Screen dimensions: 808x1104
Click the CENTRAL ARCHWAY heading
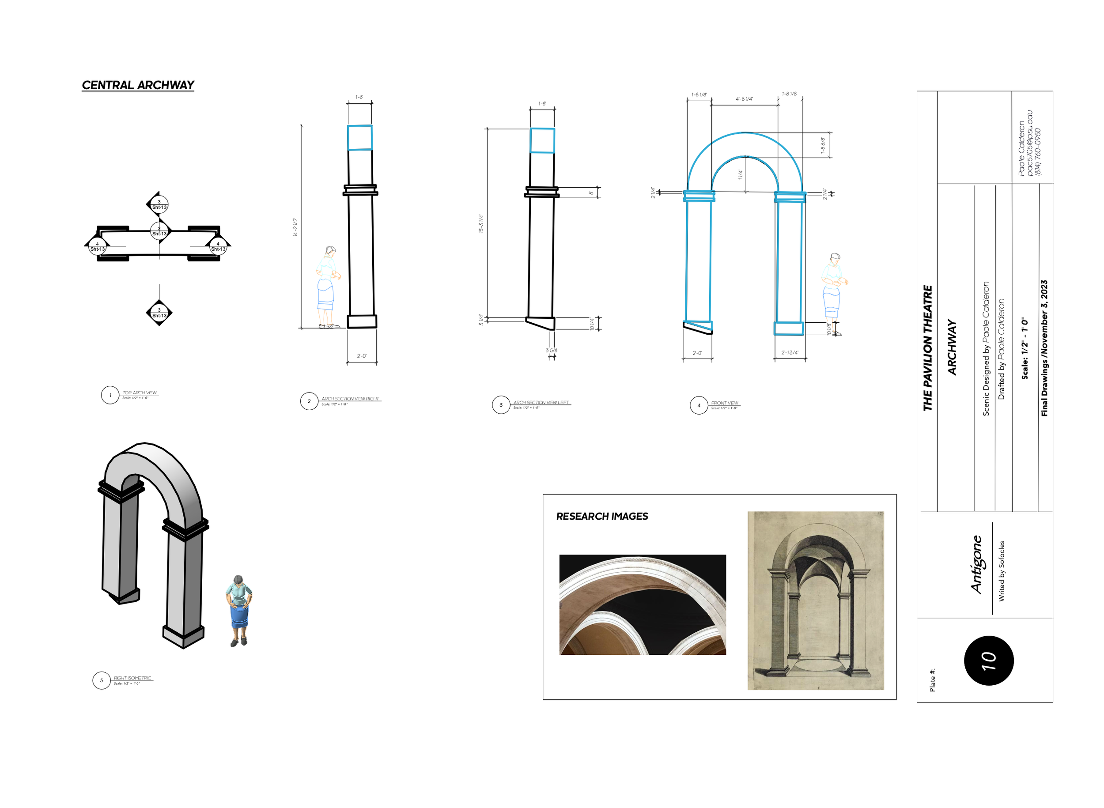click(x=138, y=86)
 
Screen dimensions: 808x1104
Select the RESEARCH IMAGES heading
click(x=601, y=517)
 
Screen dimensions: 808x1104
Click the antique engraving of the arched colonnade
click(x=815, y=600)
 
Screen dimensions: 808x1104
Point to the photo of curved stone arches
click(x=642, y=604)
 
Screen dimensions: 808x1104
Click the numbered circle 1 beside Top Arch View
click(x=110, y=395)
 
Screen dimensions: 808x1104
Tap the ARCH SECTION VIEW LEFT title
click(x=541, y=403)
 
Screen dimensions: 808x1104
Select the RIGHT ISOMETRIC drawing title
click(x=132, y=678)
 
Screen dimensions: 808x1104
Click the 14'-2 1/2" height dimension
click(x=295, y=227)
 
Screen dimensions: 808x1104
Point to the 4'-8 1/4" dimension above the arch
click(x=744, y=99)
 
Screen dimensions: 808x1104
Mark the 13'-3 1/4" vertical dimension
click(x=481, y=223)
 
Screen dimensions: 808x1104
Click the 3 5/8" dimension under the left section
click(x=551, y=351)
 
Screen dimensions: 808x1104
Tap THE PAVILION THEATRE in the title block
click(x=927, y=348)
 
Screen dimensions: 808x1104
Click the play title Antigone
click(x=976, y=564)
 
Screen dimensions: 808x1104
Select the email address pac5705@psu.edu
click(x=1029, y=143)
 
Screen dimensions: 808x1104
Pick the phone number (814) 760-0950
click(x=1037, y=151)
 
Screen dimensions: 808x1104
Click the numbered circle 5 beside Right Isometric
click(x=102, y=680)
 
